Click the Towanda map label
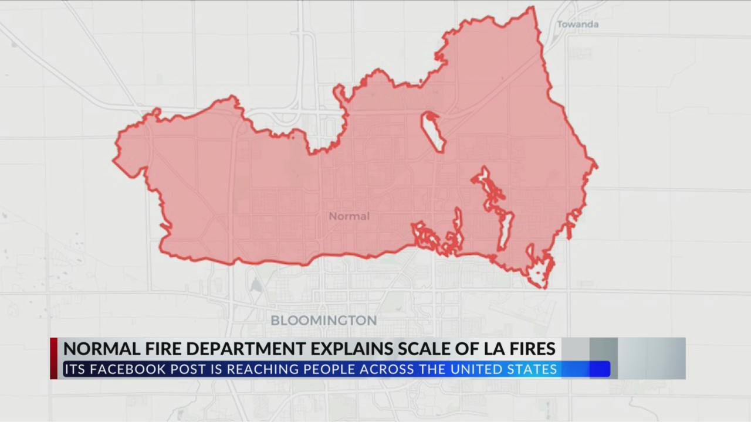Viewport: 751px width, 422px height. point(577,25)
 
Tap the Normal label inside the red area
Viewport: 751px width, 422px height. point(349,216)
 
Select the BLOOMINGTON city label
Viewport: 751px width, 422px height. point(323,321)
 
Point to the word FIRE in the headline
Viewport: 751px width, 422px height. point(149,349)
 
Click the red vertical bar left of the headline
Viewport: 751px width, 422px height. point(54,358)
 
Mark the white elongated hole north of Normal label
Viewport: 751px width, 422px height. point(433,132)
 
